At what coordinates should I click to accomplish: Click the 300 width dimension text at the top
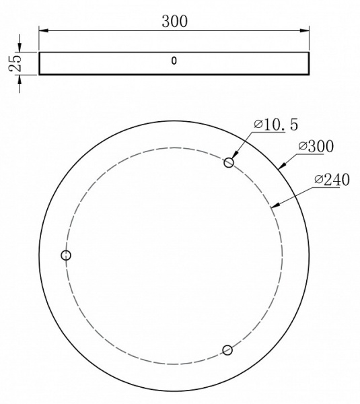tap(174, 21)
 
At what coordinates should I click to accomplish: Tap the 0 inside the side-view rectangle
tap(174, 61)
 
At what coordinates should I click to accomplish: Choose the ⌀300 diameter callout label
tap(316, 145)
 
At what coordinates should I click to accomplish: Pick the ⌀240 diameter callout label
tap(328, 180)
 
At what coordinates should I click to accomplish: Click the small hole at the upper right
tap(229, 162)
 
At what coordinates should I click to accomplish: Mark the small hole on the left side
tap(66, 255)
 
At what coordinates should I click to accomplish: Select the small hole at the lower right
tap(227, 349)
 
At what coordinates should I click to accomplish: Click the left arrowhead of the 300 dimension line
tap(42, 30)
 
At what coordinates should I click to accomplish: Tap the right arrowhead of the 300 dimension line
tap(306, 30)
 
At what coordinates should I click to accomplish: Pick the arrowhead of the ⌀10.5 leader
tap(234, 157)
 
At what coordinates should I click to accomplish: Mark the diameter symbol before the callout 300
tap(302, 145)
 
